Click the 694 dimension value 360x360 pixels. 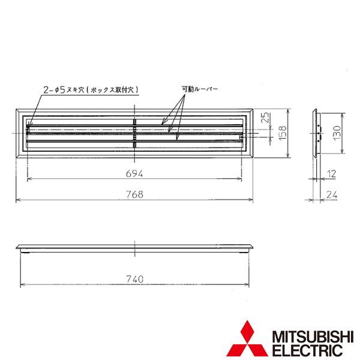click(x=134, y=173)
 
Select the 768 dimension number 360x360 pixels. click(x=135, y=194)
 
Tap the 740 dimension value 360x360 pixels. click(x=135, y=279)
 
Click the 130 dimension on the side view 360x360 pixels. click(x=337, y=133)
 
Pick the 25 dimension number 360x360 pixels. click(x=265, y=118)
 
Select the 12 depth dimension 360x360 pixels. click(x=331, y=174)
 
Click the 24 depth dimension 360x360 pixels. click(x=332, y=195)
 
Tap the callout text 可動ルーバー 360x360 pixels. click(x=200, y=89)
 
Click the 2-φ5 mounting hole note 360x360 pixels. click(x=91, y=90)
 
